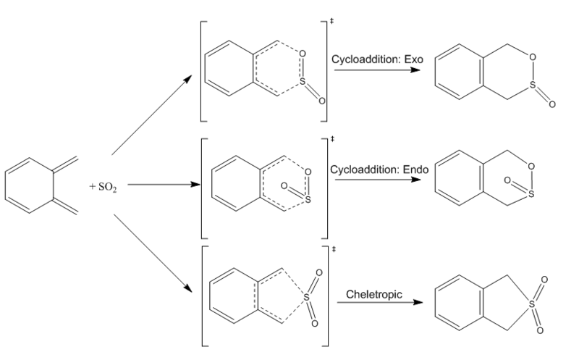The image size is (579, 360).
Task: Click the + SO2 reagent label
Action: coord(103,187)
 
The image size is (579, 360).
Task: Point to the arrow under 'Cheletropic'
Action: coord(377,302)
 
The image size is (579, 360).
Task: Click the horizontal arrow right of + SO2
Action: coord(164,184)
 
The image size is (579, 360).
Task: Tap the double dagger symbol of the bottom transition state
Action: coord(334,250)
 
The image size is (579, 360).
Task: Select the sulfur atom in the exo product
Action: coord(531,88)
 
